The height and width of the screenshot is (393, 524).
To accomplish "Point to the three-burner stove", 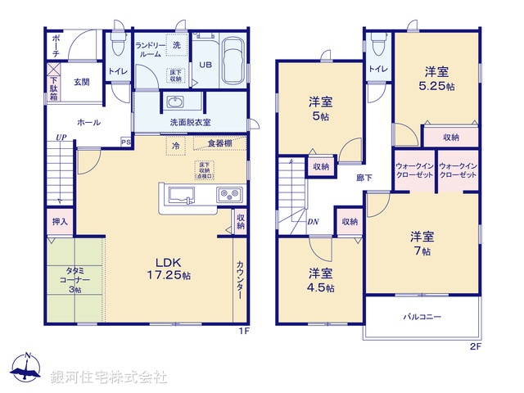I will point(228,195).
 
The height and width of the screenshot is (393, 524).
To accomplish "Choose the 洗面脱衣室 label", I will point(190,122).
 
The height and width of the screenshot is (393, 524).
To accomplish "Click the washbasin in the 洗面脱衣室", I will point(174,102).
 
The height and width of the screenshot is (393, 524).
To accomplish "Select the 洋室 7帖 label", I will point(422,243).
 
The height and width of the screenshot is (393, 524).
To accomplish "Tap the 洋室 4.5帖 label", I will point(320,280).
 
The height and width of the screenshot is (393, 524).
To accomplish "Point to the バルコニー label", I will point(422,316).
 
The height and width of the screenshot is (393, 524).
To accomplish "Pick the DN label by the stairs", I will point(313,221).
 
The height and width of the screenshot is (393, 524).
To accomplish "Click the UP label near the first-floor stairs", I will point(61,137).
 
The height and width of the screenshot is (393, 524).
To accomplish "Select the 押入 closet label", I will point(61,221).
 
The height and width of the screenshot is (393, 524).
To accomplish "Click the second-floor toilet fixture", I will point(377,40).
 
